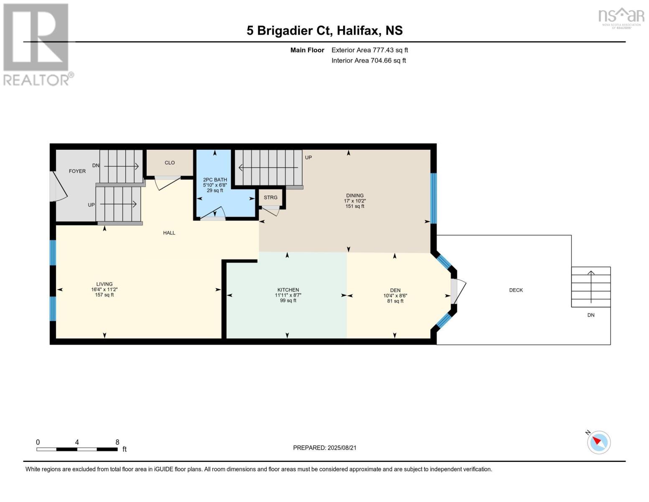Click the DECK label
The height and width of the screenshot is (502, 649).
pyautogui.click(x=516, y=290)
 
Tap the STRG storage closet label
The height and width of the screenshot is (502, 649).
pyautogui.click(x=271, y=197)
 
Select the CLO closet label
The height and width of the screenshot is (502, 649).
pyautogui.click(x=170, y=163)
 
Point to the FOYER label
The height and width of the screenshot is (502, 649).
pyautogui.click(x=77, y=171)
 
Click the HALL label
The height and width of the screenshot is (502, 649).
pyautogui.click(x=169, y=233)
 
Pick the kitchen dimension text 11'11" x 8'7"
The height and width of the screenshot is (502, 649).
pyautogui.click(x=288, y=295)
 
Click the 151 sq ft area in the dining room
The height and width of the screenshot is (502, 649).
pyautogui.click(x=355, y=206)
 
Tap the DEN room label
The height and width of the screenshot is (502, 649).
pyautogui.click(x=395, y=290)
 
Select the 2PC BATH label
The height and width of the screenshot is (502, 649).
pyautogui.click(x=215, y=180)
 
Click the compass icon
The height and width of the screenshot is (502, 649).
pyautogui.click(x=598, y=443)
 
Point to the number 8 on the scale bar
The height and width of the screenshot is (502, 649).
pyautogui.click(x=117, y=442)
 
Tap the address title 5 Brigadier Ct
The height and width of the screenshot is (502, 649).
pyautogui.click(x=289, y=31)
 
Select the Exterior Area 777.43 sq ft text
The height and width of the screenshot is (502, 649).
pyautogui.click(x=370, y=50)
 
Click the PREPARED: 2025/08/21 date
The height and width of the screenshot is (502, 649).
pyautogui.click(x=325, y=448)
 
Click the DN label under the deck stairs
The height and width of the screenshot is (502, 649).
pyautogui.click(x=591, y=315)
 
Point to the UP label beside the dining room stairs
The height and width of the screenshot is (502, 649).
pyautogui.click(x=308, y=157)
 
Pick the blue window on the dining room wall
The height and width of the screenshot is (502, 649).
pyautogui.click(x=433, y=198)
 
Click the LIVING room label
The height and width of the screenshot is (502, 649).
pyautogui.click(x=104, y=284)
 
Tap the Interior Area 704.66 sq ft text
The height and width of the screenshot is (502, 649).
pyautogui.click(x=369, y=61)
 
